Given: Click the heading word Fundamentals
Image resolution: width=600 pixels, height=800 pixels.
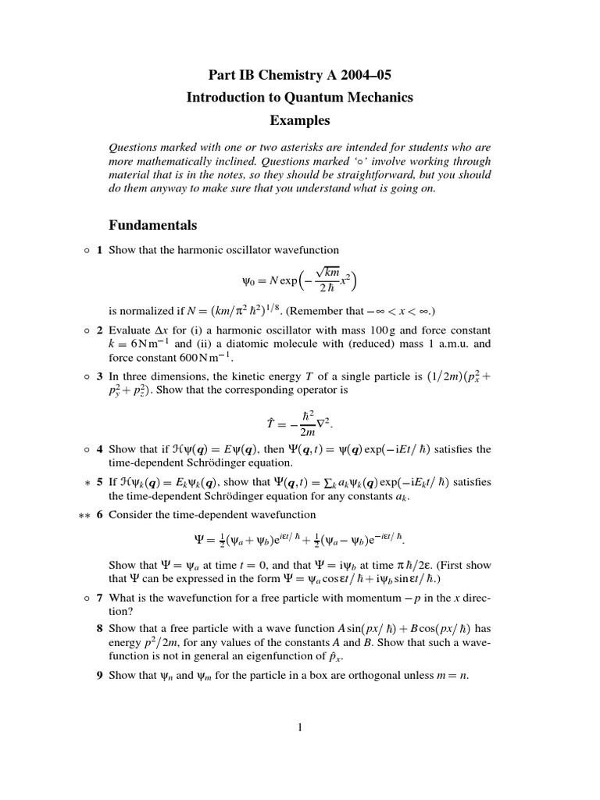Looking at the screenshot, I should (152, 226).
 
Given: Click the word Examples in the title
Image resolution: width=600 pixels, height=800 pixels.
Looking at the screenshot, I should (300, 120).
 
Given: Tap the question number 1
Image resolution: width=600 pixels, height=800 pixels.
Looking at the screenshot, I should (100, 250).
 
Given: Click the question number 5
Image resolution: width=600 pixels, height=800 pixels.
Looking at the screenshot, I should (100, 482).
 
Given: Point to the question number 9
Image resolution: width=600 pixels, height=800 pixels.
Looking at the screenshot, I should (100, 675).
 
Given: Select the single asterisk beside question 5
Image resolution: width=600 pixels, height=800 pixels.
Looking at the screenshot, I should (85, 483).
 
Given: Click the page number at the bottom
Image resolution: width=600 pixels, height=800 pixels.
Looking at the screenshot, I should (299, 728).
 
